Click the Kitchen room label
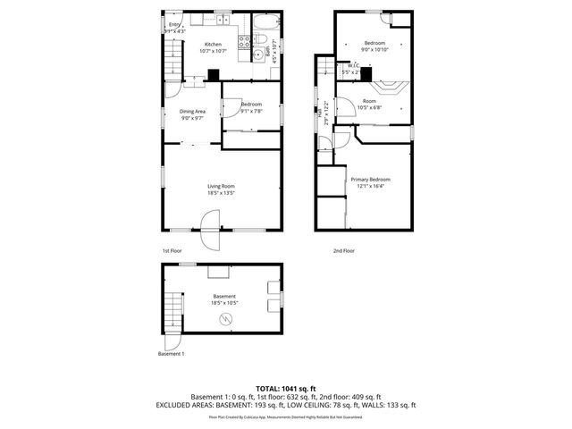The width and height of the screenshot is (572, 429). (213, 44)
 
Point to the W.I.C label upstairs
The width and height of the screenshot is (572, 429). (354, 65)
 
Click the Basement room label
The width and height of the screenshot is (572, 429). (224, 296)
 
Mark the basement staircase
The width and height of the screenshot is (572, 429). (172, 314)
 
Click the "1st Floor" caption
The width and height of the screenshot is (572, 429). (173, 251)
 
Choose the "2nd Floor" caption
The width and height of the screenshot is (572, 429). (342, 251)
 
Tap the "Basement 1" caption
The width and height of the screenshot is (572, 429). (171, 355)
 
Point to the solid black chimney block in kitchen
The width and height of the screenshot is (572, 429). (213, 76)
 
